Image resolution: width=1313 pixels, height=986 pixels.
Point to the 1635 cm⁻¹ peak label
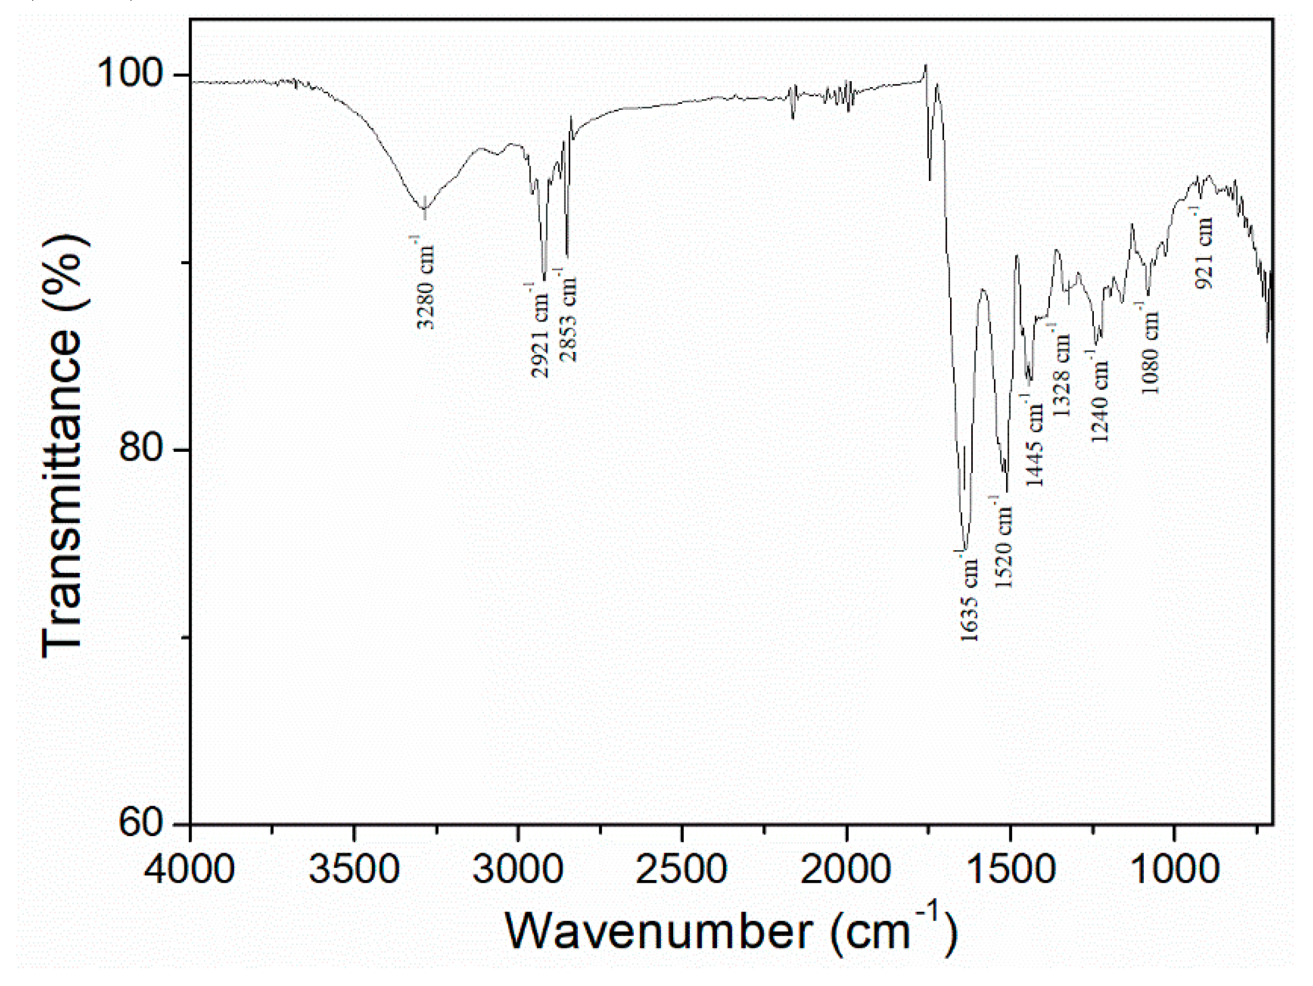(x=969, y=597)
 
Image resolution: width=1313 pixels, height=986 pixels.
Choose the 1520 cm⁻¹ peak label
(x=1003, y=542)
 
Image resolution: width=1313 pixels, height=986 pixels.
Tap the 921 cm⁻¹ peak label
(x=1204, y=249)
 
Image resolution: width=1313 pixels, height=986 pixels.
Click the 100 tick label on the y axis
(x=130, y=74)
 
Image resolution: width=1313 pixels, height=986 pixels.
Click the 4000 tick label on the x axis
(x=189, y=869)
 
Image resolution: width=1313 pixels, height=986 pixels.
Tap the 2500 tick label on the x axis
(x=681, y=869)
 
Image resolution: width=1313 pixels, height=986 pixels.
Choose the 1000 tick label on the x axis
(x=1174, y=869)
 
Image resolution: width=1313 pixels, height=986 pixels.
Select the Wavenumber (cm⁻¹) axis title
(x=730, y=931)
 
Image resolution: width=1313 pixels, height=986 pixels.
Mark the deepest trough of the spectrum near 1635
(x=966, y=550)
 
